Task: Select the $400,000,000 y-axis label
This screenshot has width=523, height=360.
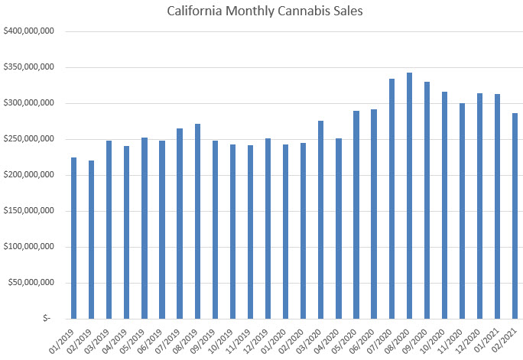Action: click(x=28, y=31)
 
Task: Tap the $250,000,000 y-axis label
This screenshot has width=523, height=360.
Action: click(x=28, y=139)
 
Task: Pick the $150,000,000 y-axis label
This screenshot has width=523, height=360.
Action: click(x=28, y=211)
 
